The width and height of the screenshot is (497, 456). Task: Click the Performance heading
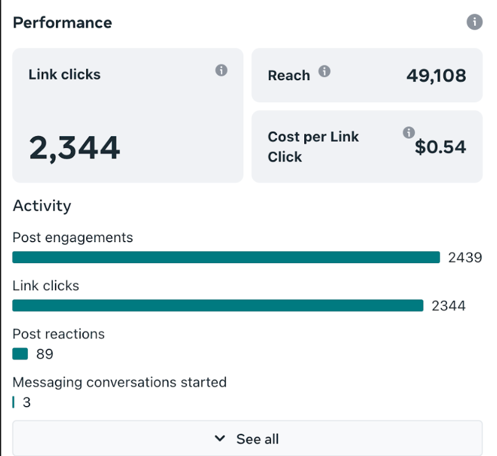tap(62, 23)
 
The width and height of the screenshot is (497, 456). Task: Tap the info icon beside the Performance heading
tap(474, 22)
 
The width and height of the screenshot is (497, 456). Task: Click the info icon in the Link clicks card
tap(221, 70)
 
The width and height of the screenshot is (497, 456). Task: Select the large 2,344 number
tap(75, 149)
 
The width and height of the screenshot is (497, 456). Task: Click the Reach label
tap(289, 76)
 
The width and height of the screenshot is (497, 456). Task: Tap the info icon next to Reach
tap(324, 71)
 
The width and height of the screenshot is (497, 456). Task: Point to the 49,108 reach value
tap(436, 76)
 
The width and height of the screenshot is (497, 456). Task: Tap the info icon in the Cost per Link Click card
tap(408, 132)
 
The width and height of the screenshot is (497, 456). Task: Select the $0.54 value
tap(440, 147)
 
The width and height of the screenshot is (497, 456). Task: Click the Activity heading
tap(42, 206)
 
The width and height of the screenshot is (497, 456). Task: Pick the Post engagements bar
tap(226, 258)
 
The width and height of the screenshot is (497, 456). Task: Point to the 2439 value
tap(465, 258)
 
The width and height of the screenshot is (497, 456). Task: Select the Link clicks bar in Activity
tap(217, 306)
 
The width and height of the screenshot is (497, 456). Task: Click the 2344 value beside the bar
tap(448, 306)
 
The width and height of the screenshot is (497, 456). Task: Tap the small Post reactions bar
tap(20, 354)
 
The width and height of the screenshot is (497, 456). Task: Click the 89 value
tap(44, 354)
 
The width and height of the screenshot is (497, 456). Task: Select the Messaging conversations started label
tap(119, 382)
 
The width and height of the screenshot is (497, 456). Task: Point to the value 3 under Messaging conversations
tap(26, 403)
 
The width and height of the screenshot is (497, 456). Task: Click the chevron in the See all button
tap(220, 439)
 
